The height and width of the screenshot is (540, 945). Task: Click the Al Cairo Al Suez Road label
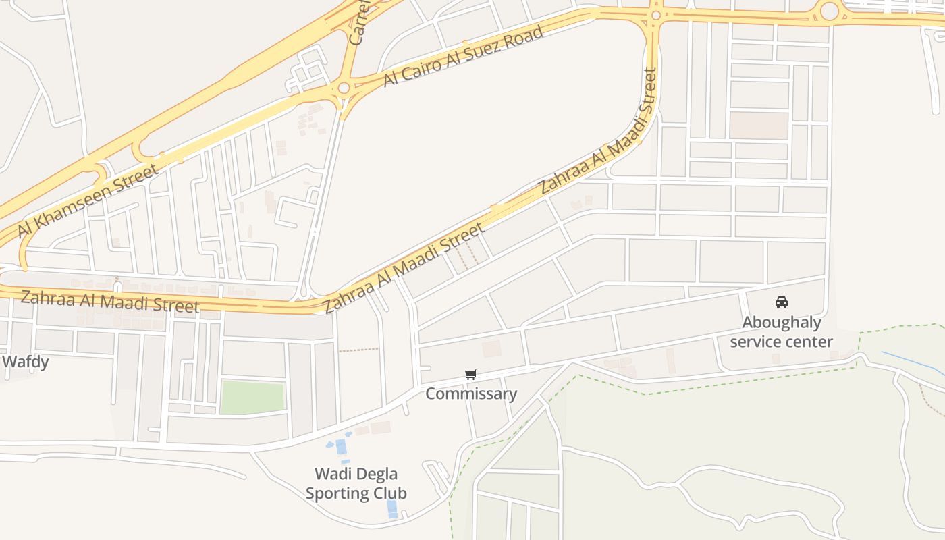pyautogui.click(x=463, y=56)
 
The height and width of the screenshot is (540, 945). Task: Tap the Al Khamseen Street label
pyautogui.click(x=88, y=200)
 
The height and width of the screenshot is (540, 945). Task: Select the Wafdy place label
pyautogui.click(x=25, y=362)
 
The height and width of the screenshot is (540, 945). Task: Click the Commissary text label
pyautogui.click(x=471, y=394)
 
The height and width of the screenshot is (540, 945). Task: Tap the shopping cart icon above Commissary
pyautogui.click(x=471, y=375)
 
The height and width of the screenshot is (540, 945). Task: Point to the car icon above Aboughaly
pyautogui.click(x=782, y=302)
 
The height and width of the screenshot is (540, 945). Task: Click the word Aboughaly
pyautogui.click(x=782, y=322)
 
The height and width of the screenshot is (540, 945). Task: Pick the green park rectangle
pyautogui.click(x=253, y=398)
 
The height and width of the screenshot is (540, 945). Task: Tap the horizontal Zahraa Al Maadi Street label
pyautogui.click(x=109, y=301)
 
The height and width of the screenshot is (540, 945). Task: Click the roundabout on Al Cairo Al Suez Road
pyautogui.click(x=344, y=88)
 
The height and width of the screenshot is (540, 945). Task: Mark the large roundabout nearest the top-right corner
pyautogui.click(x=829, y=11)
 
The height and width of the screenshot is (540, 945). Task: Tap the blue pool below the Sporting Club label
pyautogui.click(x=392, y=509)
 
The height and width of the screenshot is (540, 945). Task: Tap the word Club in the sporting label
pyautogui.click(x=390, y=493)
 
